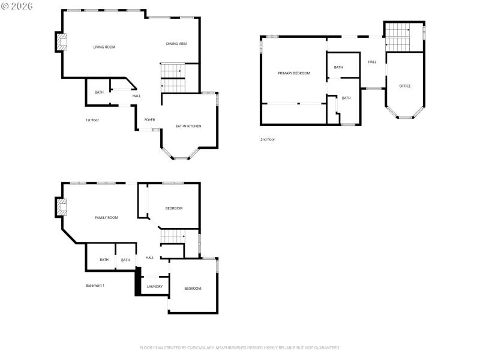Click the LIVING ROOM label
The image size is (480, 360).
pos(104,47)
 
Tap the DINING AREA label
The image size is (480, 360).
pos(177,44)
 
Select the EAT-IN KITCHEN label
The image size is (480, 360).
pos(188,126)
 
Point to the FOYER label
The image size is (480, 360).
pos(149,120)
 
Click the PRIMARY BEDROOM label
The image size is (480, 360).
pos(294,73)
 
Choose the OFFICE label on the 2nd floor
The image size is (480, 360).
pos(405,86)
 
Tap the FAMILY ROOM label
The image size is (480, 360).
pos(106,218)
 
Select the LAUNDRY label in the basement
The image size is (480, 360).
pos(154,286)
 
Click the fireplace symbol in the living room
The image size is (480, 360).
pos(61,41)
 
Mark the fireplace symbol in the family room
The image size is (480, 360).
pos(61,207)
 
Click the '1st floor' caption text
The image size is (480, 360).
pos(92,120)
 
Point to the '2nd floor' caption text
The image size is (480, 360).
pos(268,139)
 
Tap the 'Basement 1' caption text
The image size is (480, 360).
pos(95,286)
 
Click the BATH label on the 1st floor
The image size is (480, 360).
pos(99,92)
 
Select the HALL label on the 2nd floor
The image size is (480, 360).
pos(372,62)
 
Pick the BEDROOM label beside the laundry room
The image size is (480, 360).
pos(193,289)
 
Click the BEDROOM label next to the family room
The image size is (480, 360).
pos(174,208)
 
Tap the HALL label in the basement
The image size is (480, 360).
pos(150,258)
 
